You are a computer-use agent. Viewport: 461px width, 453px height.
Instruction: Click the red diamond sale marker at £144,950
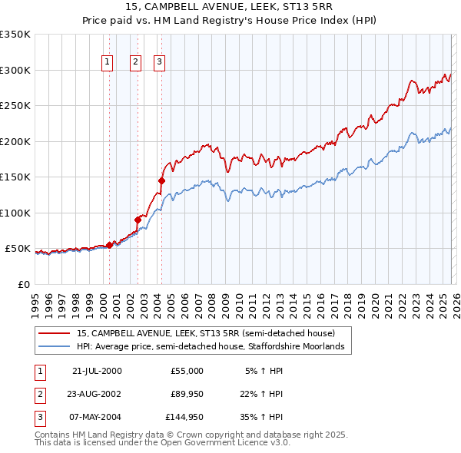coord(162,180)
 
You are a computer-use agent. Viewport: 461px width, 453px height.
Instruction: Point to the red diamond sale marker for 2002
coord(138,220)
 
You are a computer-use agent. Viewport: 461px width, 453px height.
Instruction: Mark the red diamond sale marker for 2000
coord(110,245)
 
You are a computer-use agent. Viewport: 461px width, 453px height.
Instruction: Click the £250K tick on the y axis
coord(15,105)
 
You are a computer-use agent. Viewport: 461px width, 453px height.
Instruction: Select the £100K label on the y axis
coord(15,213)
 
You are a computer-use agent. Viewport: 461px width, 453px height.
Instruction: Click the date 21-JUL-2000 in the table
coord(97,371)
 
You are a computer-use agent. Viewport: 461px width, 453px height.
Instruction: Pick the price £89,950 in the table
coord(187,394)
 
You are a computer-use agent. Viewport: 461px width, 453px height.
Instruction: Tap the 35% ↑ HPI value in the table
coord(263,417)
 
